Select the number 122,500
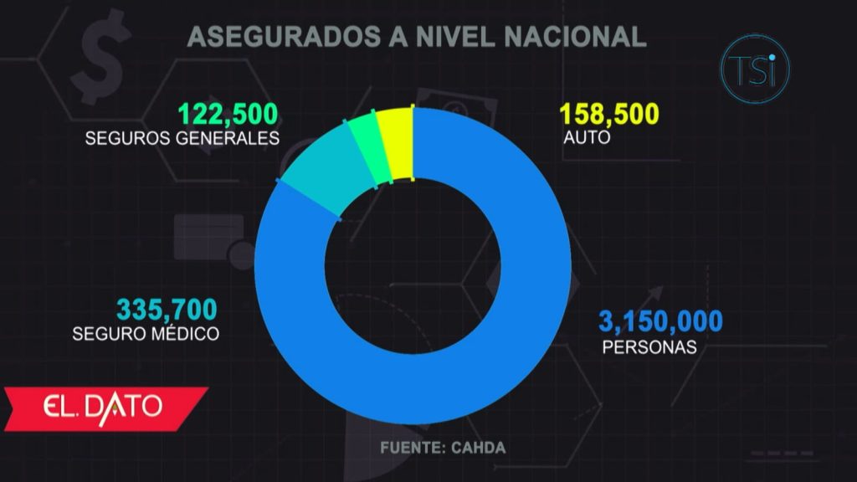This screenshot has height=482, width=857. click(x=227, y=115)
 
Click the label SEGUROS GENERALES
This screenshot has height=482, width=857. click(x=182, y=138)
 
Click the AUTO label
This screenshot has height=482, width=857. click(x=587, y=136)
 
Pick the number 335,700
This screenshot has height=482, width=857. click(x=167, y=309)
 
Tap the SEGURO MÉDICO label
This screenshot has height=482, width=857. click(x=146, y=333)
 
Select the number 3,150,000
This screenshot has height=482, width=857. click(x=660, y=321)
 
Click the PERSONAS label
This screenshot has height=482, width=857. click(x=649, y=346)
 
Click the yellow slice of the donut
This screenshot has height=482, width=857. click(x=396, y=142)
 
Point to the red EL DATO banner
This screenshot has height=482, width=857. click(x=105, y=408)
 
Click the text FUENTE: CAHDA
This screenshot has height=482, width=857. click(x=443, y=448)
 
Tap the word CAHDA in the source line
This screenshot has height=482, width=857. click(x=478, y=448)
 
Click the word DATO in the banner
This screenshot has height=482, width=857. click(x=127, y=408)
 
